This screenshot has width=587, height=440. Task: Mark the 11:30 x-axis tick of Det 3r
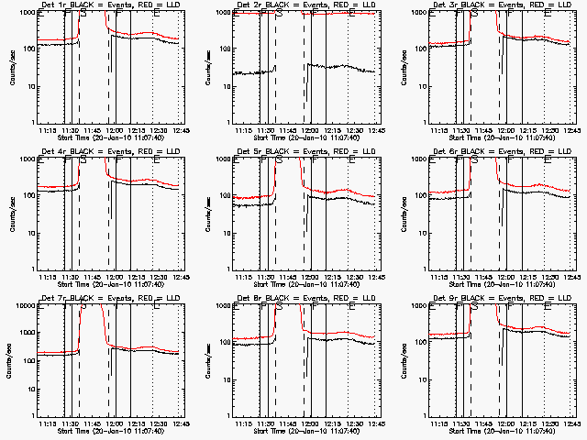coord(462,130)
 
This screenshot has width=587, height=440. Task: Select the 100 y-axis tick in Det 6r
coord(418,195)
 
